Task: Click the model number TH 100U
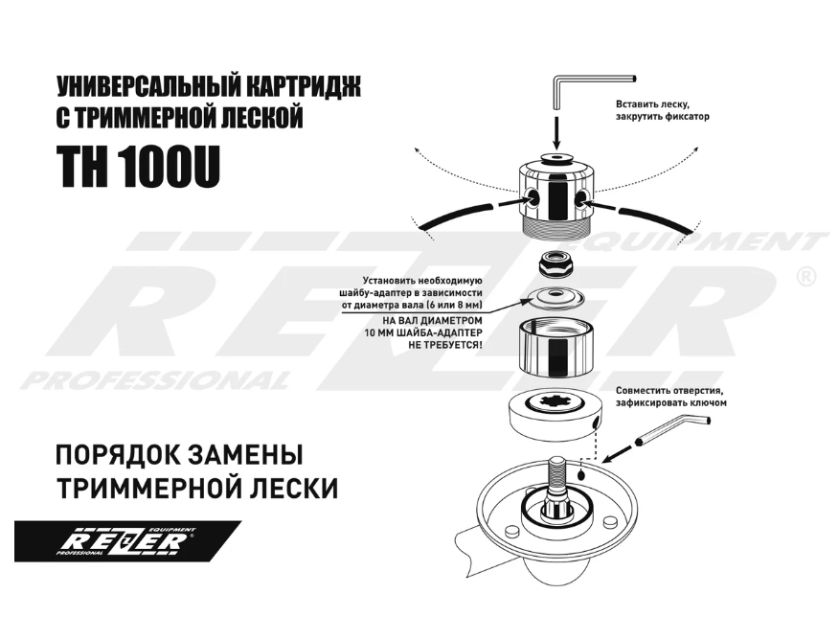pos(140,167)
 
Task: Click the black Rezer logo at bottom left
pos(126,542)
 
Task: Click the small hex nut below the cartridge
pos(554,263)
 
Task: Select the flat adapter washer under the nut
pos(555,295)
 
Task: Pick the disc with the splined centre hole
pos(553,412)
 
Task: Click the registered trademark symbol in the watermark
pos(805,278)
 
